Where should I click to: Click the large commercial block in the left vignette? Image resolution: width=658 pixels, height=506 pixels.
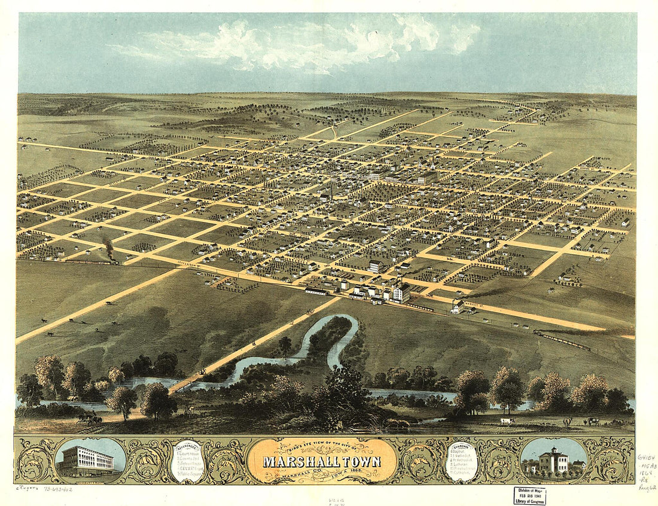[87, 459]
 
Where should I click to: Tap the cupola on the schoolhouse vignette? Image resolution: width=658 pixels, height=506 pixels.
[553, 450]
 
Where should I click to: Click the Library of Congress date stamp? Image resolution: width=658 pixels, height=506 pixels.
[529, 496]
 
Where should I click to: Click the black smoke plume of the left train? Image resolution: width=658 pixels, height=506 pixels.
[108, 246]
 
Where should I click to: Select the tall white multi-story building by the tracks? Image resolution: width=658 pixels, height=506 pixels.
[400, 292]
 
